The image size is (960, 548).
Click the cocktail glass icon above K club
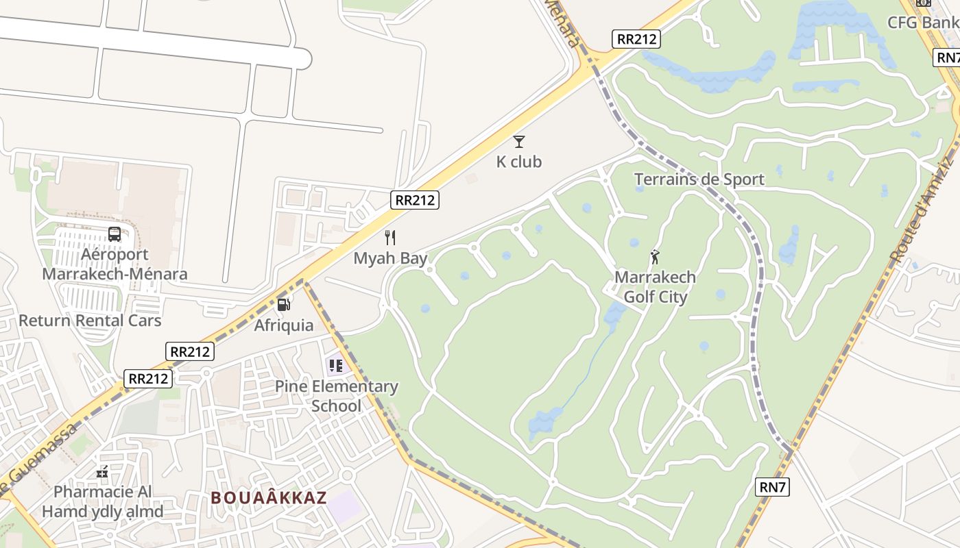(x=519, y=142)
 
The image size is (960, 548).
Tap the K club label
(x=519, y=162)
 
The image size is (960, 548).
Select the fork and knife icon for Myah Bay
(x=390, y=238)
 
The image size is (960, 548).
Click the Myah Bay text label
(x=390, y=258)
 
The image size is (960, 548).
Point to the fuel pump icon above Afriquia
(x=283, y=305)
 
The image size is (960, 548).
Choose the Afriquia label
(x=284, y=325)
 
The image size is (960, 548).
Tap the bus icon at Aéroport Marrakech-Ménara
(x=115, y=234)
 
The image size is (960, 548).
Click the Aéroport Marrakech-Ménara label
(x=115, y=264)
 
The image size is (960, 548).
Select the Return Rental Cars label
(x=90, y=321)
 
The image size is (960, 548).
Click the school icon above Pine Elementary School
(x=335, y=366)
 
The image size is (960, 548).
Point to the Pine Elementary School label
(x=336, y=396)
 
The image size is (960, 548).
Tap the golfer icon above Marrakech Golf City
(x=655, y=258)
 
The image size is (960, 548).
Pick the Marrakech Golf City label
(x=655, y=287)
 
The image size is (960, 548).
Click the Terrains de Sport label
(x=699, y=179)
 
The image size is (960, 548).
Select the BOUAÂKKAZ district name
(x=269, y=498)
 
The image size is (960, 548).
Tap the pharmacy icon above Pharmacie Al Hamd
(x=102, y=471)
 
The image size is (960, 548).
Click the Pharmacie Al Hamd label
(x=103, y=501)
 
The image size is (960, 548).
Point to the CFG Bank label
(x=922, y=23)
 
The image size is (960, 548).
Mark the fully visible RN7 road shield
(x=773, y=487)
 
